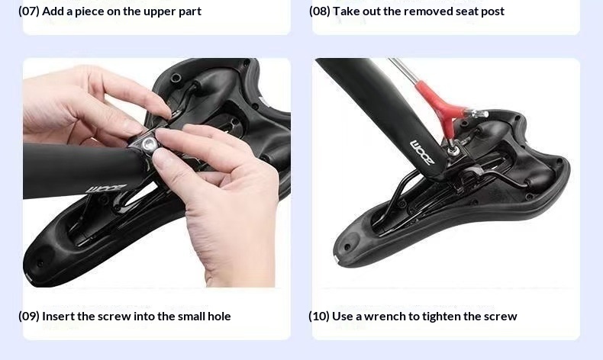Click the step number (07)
point(29,11)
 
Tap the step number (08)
point(320,11)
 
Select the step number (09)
point(29,317)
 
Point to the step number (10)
point(319,317)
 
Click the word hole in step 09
point(219,317)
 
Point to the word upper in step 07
point(159,12)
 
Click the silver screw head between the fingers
point(147,145)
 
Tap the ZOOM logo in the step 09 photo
point(106,189)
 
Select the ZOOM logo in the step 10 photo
point(422,152)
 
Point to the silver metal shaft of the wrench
point(404,70)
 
